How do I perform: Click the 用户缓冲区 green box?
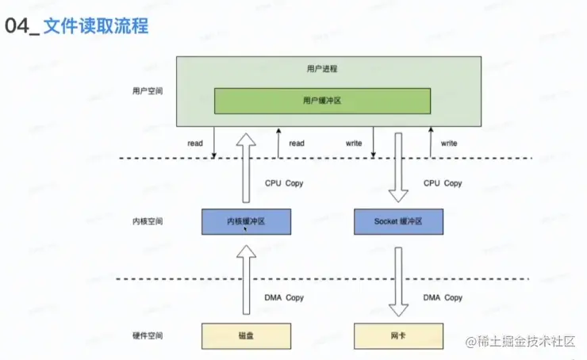tap(322, 101)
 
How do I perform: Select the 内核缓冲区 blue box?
tap(246, 222)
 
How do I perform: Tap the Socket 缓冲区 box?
tap(398, 222)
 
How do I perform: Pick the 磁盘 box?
tap(246, 336)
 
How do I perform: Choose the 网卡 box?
tap(398, 336)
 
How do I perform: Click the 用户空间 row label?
tap(148, 91)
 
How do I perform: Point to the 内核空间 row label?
tap(148, 222)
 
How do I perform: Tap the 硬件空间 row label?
tap(148, 336)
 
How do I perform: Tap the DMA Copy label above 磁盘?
tap(284, 297)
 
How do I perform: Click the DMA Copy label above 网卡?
tap(443, 297)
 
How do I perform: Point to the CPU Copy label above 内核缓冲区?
tap(284, 183)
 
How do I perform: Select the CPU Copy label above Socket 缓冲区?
tap(443, 183)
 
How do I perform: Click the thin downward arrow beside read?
tap(214, 143)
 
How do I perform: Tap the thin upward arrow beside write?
tap(430, 143)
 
